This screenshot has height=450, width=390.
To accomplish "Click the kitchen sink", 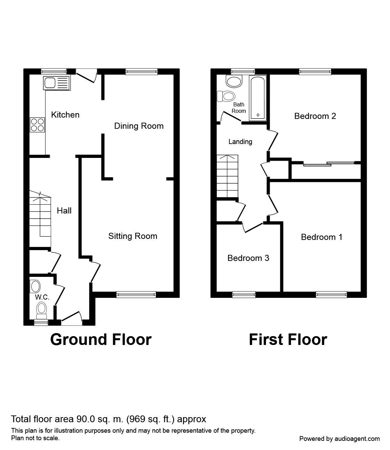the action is pos(57,83).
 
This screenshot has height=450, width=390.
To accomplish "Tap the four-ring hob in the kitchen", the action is pos(37,125).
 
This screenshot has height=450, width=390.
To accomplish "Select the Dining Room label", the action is pos(139,126).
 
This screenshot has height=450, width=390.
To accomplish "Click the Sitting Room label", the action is pos(132,236).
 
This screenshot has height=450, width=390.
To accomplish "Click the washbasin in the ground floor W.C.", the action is pos(36,286).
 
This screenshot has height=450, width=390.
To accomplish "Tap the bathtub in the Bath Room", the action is pos(258,98).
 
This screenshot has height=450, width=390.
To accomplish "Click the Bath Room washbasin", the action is pos(234,81).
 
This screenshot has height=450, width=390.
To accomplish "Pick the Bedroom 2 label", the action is pos(315,116).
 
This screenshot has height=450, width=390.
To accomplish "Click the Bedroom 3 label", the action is pos(248,258).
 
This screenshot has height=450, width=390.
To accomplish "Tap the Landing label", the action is pos(240,142).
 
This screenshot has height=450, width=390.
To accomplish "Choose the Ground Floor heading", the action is pos(101,340).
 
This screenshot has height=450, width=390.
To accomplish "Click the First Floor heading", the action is pos(288,340).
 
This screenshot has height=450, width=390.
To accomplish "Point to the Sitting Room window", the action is pos(136,294).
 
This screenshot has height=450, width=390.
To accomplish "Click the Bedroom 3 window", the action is pos(244,294).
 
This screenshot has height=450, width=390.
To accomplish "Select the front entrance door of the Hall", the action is pos(71,318).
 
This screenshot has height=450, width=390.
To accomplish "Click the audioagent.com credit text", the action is pos(339,438).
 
